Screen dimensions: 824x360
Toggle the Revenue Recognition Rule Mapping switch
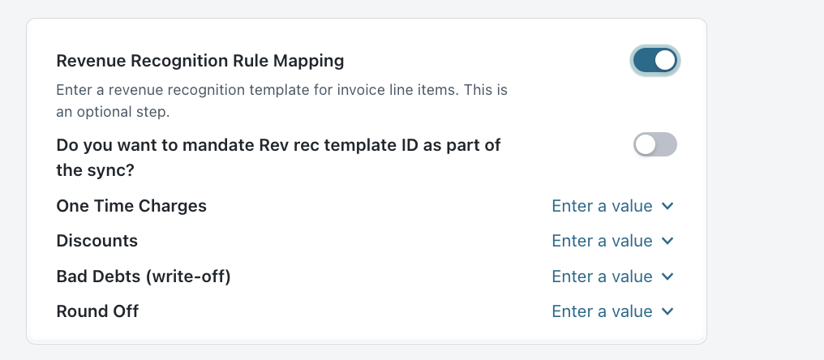[654, 61]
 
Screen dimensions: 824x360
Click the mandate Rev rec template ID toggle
[654, 144]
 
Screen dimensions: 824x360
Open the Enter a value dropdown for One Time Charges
[612, 206]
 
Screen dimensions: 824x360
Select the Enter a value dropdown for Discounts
[612, 241]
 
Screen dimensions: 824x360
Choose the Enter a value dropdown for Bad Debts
[612, 276]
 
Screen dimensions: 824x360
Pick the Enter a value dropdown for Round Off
[612, 311]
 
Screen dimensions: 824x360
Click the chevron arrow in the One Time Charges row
[667, 206]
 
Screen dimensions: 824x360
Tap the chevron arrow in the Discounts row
[667, 241]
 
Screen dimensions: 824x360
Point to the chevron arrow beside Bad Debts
[667, 276]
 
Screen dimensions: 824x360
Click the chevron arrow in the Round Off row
[667, 311]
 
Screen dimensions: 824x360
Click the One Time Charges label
[131, 206]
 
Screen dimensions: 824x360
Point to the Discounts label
[97, 241]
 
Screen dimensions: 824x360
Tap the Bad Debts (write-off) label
[144, 276]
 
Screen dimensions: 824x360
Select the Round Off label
[97, 311]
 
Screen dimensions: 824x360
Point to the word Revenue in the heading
[91, 61]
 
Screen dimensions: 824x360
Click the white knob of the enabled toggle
[665, 61]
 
